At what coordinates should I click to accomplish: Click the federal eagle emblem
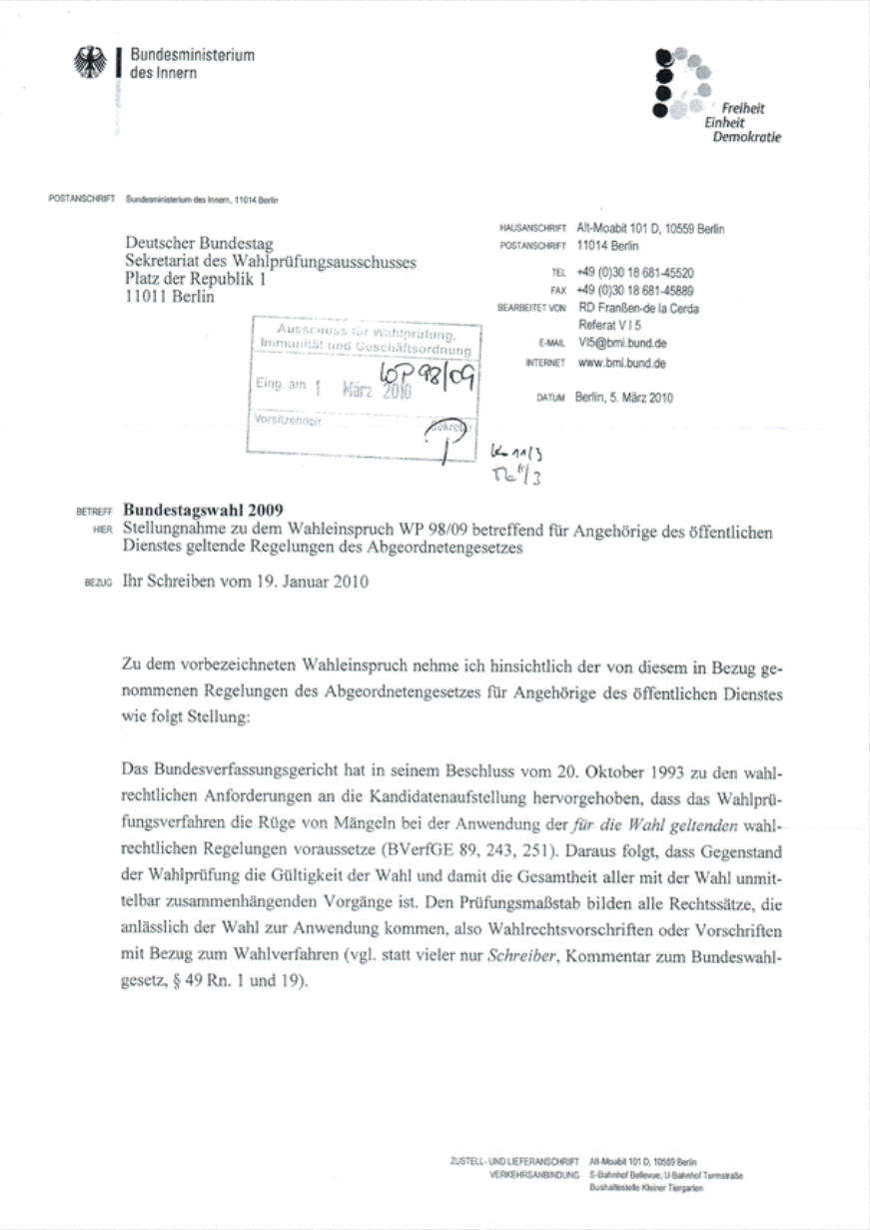[90, 64]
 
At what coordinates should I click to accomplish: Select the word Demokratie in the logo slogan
[746, 137]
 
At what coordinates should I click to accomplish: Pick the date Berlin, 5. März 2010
[624, 397]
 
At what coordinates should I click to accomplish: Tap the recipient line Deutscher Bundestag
[199, 244]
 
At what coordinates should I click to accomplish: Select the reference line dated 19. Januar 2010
[245, 582]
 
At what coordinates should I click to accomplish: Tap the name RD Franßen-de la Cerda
[638, 309]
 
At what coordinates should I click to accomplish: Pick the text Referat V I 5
[611, 325]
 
